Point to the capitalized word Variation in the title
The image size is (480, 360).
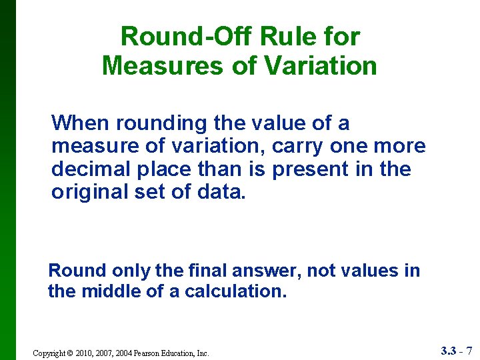[321, 66]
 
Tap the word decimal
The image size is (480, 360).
[89, 169]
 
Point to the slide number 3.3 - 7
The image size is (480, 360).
[457, 351]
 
